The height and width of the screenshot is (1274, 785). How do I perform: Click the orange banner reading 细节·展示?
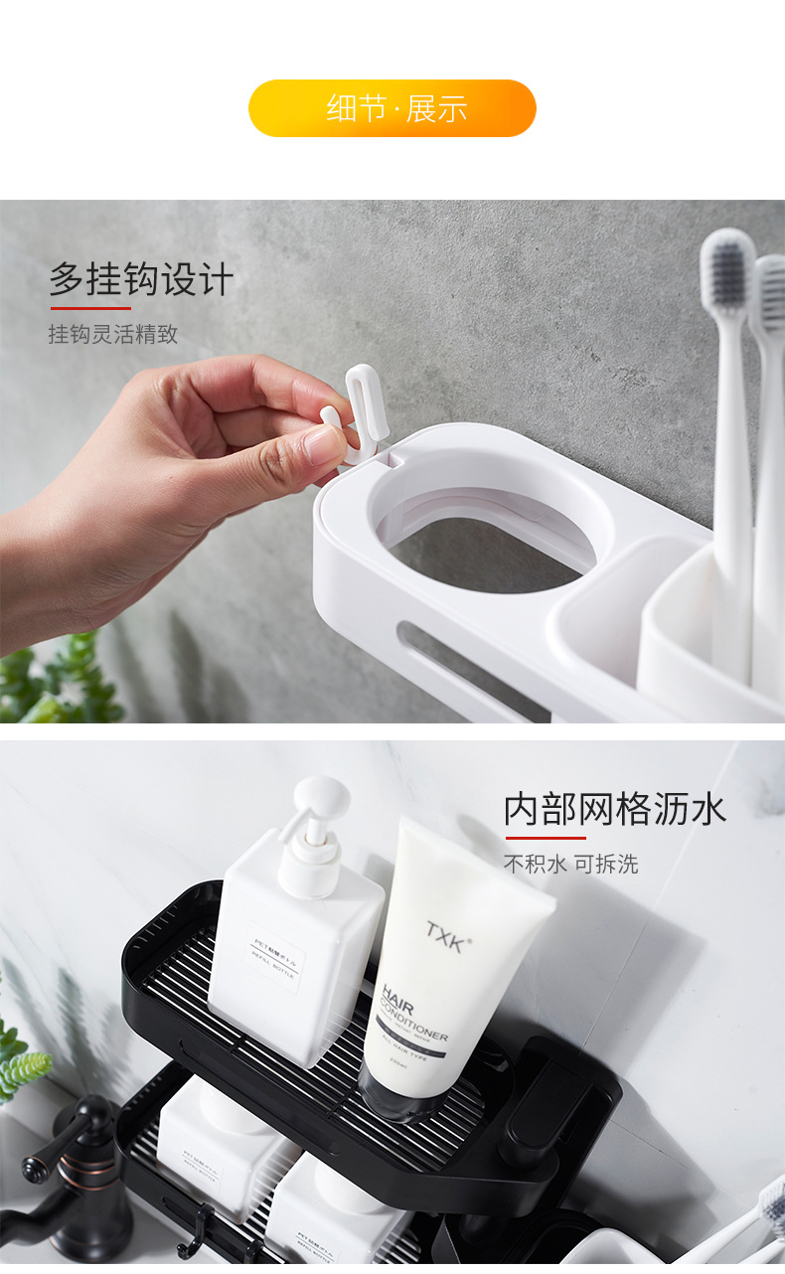point(392,108)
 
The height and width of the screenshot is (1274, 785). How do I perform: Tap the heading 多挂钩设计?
point(141,280)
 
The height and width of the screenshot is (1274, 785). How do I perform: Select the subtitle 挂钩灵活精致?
point(113,335)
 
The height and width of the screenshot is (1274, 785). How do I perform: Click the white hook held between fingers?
point(358,407)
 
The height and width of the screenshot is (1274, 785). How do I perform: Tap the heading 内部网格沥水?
point(615,809)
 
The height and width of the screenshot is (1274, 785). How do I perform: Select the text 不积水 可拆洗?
point(570,865)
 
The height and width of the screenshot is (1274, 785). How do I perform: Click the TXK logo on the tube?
point(445,936)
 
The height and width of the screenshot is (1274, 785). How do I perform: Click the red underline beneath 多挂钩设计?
point(90,309)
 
